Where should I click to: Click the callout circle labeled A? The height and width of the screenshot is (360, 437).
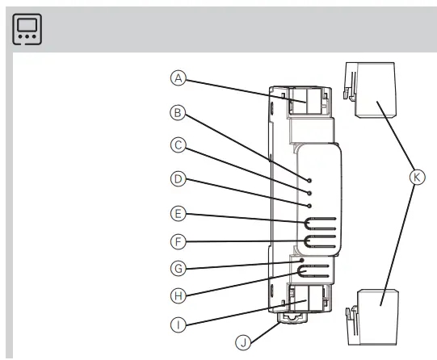(x=179, y=78)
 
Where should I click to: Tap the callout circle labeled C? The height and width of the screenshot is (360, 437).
(x=179, y=146)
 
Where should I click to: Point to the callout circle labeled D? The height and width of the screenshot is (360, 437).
(x=179, y=178)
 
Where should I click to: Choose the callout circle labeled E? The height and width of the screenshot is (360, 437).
(x=179, y=214)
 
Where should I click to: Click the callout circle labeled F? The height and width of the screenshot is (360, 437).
(x=179, y=240)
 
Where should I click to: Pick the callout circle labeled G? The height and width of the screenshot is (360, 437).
(x=179, y=266)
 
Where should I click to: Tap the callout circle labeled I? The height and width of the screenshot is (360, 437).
(x=179, y=324)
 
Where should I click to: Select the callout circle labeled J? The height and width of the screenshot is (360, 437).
(x=242, y=342)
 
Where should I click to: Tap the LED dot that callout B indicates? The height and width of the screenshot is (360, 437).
(x=309, y=177)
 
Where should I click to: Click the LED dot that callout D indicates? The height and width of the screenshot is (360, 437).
(x=309, y=206)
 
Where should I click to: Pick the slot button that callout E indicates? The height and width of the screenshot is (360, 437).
(x=317, y=221)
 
